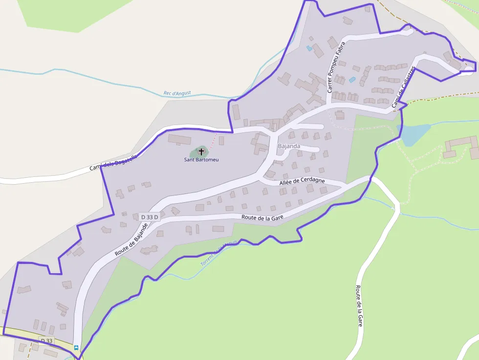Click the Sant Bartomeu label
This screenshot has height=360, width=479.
201,160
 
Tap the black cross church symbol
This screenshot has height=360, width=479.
201,152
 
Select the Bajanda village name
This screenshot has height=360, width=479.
289,146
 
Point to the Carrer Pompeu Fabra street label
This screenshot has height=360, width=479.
336,67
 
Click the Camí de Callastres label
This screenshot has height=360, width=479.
403,86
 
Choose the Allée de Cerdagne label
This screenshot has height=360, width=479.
302,181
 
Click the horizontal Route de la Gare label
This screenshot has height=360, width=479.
262,217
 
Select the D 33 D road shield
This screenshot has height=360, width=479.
150,217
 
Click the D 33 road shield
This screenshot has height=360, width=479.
46,340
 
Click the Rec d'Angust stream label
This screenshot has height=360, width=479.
177,93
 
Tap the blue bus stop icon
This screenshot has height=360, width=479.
76,348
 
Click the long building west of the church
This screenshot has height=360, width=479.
179,139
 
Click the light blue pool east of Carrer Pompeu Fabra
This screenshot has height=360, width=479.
352,79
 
